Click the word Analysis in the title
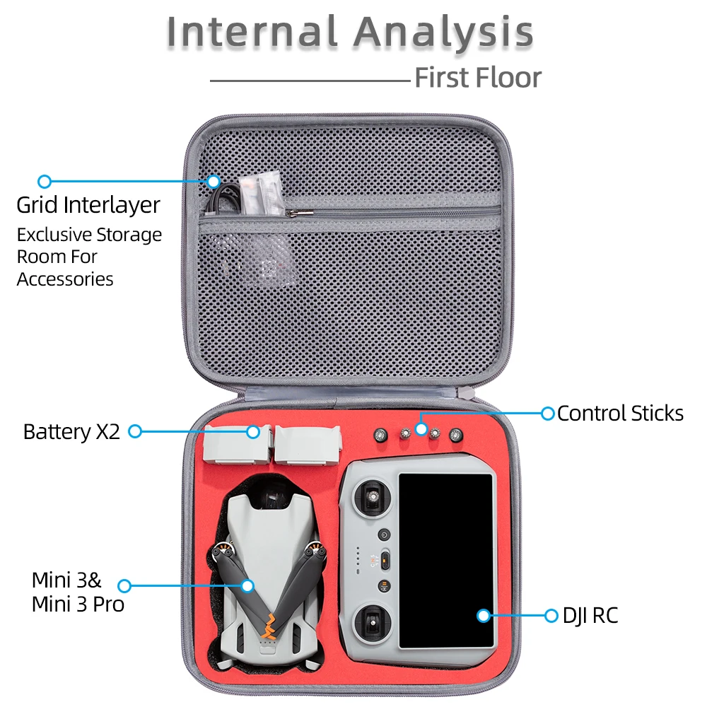pyautogui.click(x=443, y=33)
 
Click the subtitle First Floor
pyautogui.click(x=478, y=78)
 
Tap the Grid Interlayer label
pyautogui.click(x=88, y=205)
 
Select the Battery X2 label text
pyautogui.click(x=71, y=431)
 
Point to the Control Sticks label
pyautogui.click(x=620, y=414)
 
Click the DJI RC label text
pyautogui.click(x=590, y=616)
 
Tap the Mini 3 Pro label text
pyautogui.click(x=78, y=604)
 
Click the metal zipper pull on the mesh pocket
pyautogui.click(x=300, y=211)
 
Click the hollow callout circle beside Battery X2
pyautogui.click(x=135, y=431)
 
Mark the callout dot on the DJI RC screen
pyautogui.click(x=484, y=616)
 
